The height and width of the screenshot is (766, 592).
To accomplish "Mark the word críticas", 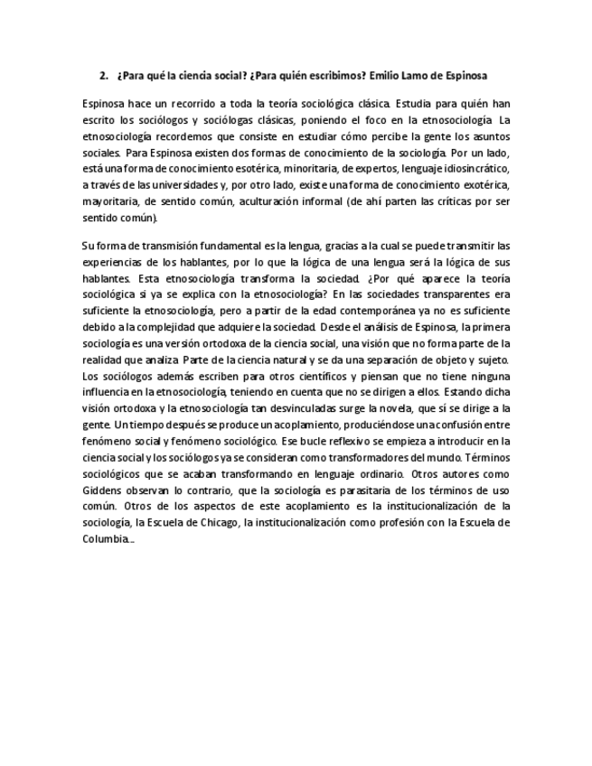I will (461, 201).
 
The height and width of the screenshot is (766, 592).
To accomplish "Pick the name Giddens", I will (103, 490).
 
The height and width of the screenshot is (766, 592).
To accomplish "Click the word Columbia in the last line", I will (105, 539).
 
